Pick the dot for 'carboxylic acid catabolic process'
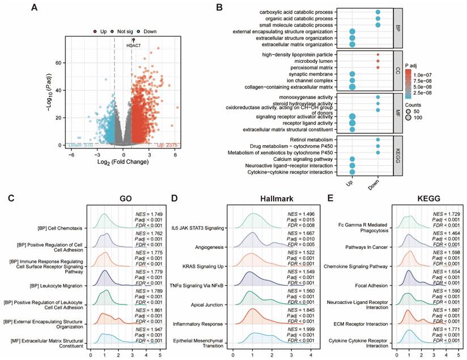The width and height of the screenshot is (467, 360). [377, 12]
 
